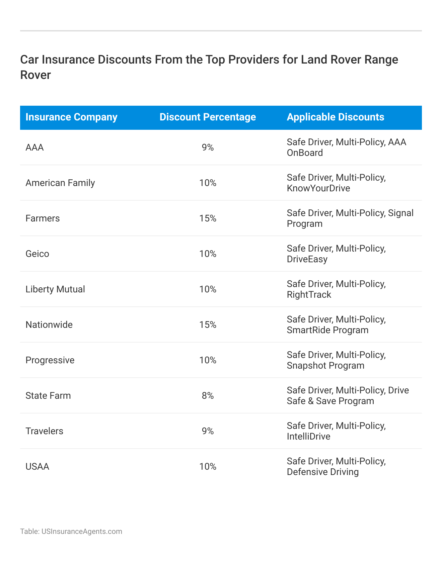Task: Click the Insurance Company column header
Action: [71, 117]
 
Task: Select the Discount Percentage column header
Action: [208, 117]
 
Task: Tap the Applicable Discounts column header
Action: [335, 117]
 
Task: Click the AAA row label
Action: [34, 148]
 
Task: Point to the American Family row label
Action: [60, 183]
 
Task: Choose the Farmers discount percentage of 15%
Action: [208, 218]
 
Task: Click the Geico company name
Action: [37, 254]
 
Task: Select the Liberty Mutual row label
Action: [55, 289]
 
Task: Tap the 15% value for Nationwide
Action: [208, 325]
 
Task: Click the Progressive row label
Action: [50, 360]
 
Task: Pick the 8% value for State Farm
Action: [208, 396]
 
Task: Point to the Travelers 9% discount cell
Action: [208, 431]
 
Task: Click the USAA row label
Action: [37, 467]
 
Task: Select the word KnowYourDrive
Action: [318, 188]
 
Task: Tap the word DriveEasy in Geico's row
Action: [307, 259]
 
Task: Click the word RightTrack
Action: [309, 295]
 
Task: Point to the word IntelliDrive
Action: [308, 437]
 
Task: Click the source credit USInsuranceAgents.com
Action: [82, 532]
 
